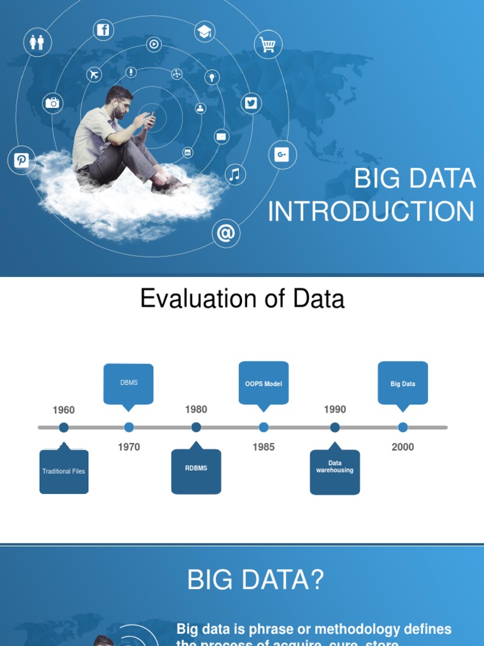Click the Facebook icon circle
point(103,30)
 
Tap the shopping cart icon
point(268,45)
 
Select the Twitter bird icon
point(251,103)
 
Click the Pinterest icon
point(21,160)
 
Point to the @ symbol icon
point(226,233)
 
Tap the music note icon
point(235,174)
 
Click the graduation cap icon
point(204,32)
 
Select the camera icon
point(52,102)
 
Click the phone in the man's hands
point(151,116)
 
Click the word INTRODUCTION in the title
point(371,212)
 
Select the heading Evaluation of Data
point(242,298)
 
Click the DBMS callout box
point(129,383)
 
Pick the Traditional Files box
point(64,471)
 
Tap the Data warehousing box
point(335,471)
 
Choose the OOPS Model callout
point(263,383)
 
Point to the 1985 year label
point(263,447)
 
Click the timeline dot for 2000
point(403,427)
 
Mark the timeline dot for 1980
point(196,427)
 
